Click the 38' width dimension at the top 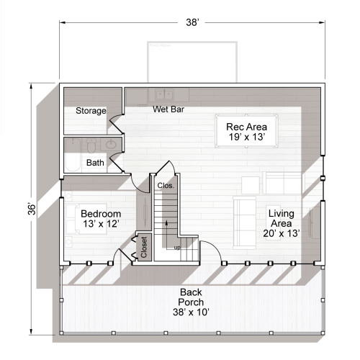click(192, 23)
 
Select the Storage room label click(91, 111)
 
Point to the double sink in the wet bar click(165, 94)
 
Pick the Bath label click(95, 163)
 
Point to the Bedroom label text click(100, 215)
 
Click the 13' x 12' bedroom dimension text click(100, 225)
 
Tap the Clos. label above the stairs click(165, 186)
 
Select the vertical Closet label click(144, 247)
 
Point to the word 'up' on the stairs click(177, 248)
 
